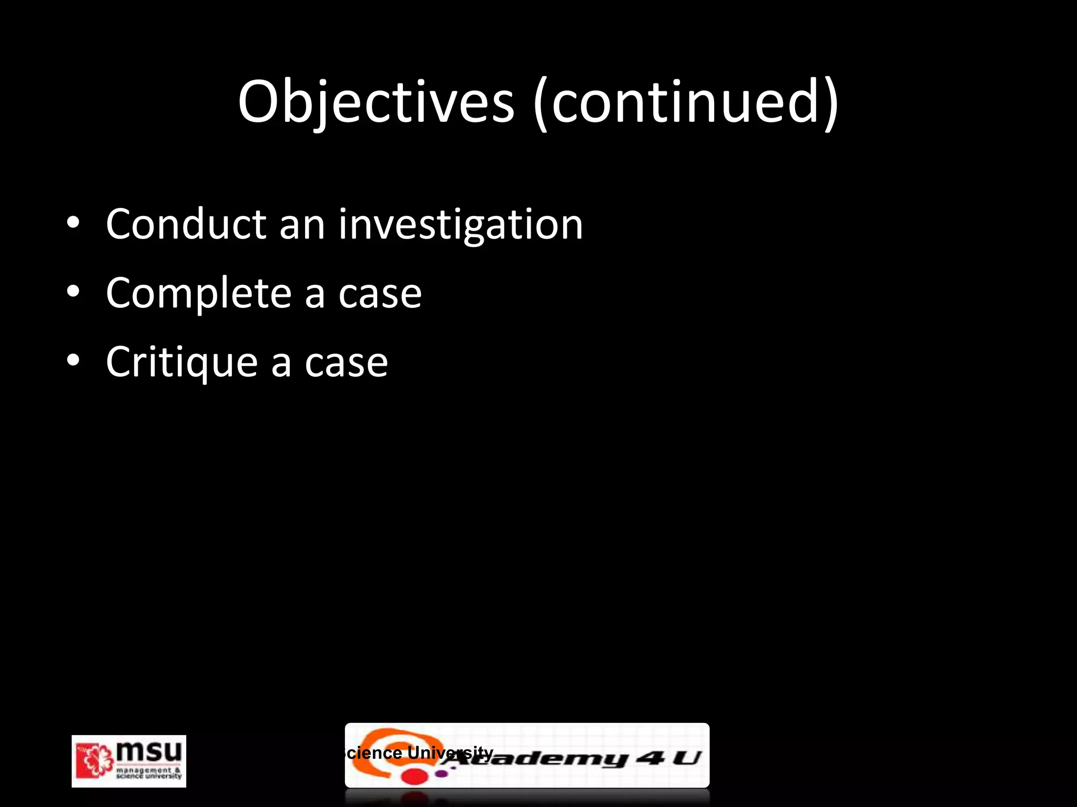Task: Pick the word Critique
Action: click(181, 363)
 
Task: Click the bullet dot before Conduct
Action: click(73, 223)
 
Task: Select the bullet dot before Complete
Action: click(73, 292)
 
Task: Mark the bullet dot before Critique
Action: click(73, 360)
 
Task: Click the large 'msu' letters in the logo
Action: click(149, 752)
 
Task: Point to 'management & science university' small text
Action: click(149, 773)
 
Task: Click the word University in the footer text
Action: click(450, 752)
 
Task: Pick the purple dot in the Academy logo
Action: click(442, 773)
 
